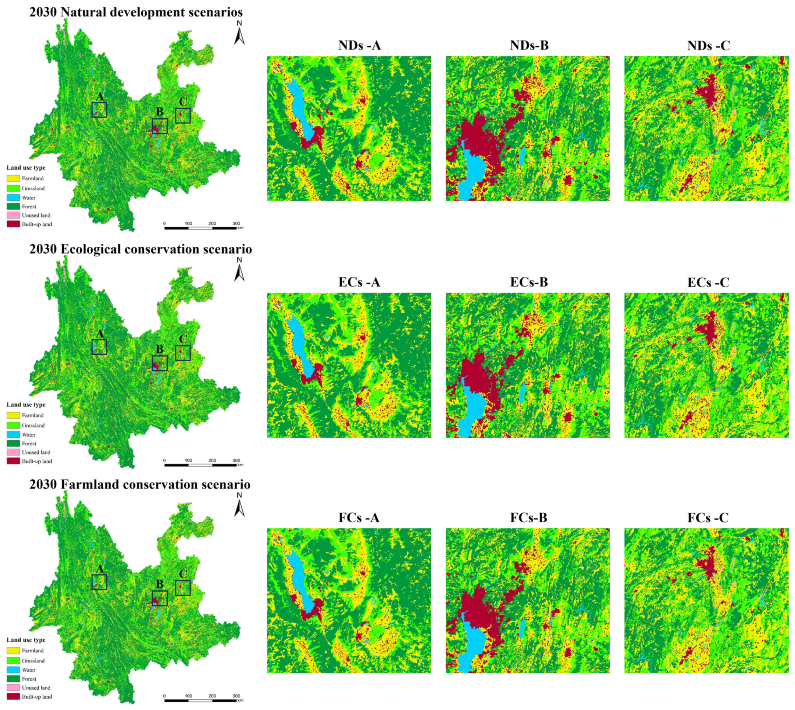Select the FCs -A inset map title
pyautogui.click(x=359, y=518)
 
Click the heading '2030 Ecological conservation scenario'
pyautogui.click(x=140, y=249)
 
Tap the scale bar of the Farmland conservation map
pyautogui.click(x=200, y=700)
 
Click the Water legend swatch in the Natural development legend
pyautogui.click(x=13, y=198)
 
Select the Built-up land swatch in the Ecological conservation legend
pyautogui.click(x=13, y=461)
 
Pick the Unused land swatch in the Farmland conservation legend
pyautogui.click(x=13, y=688)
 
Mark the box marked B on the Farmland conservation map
pyautogui.click(x=159, y=598)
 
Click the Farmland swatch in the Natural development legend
pyautogui.click(x=13, y=178)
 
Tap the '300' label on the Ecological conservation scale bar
pyautogui.click(x=236, y=460)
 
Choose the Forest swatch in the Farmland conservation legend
pyautogui.click(x=13, y=679)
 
